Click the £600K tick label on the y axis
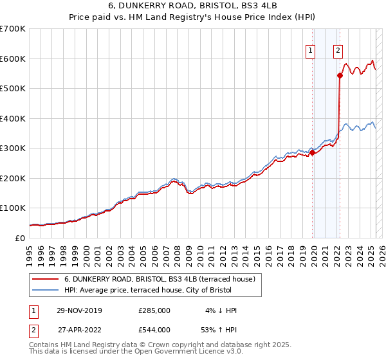pyautogui.click(x=13, y=59)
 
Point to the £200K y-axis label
pyautogui.click(x=13, y=178)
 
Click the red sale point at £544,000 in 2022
pyautogui.click(x=340, y=76)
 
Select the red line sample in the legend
pyautogui.click(x=44, y=279)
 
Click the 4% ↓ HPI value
pyautogui.click(x=219, y=310)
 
